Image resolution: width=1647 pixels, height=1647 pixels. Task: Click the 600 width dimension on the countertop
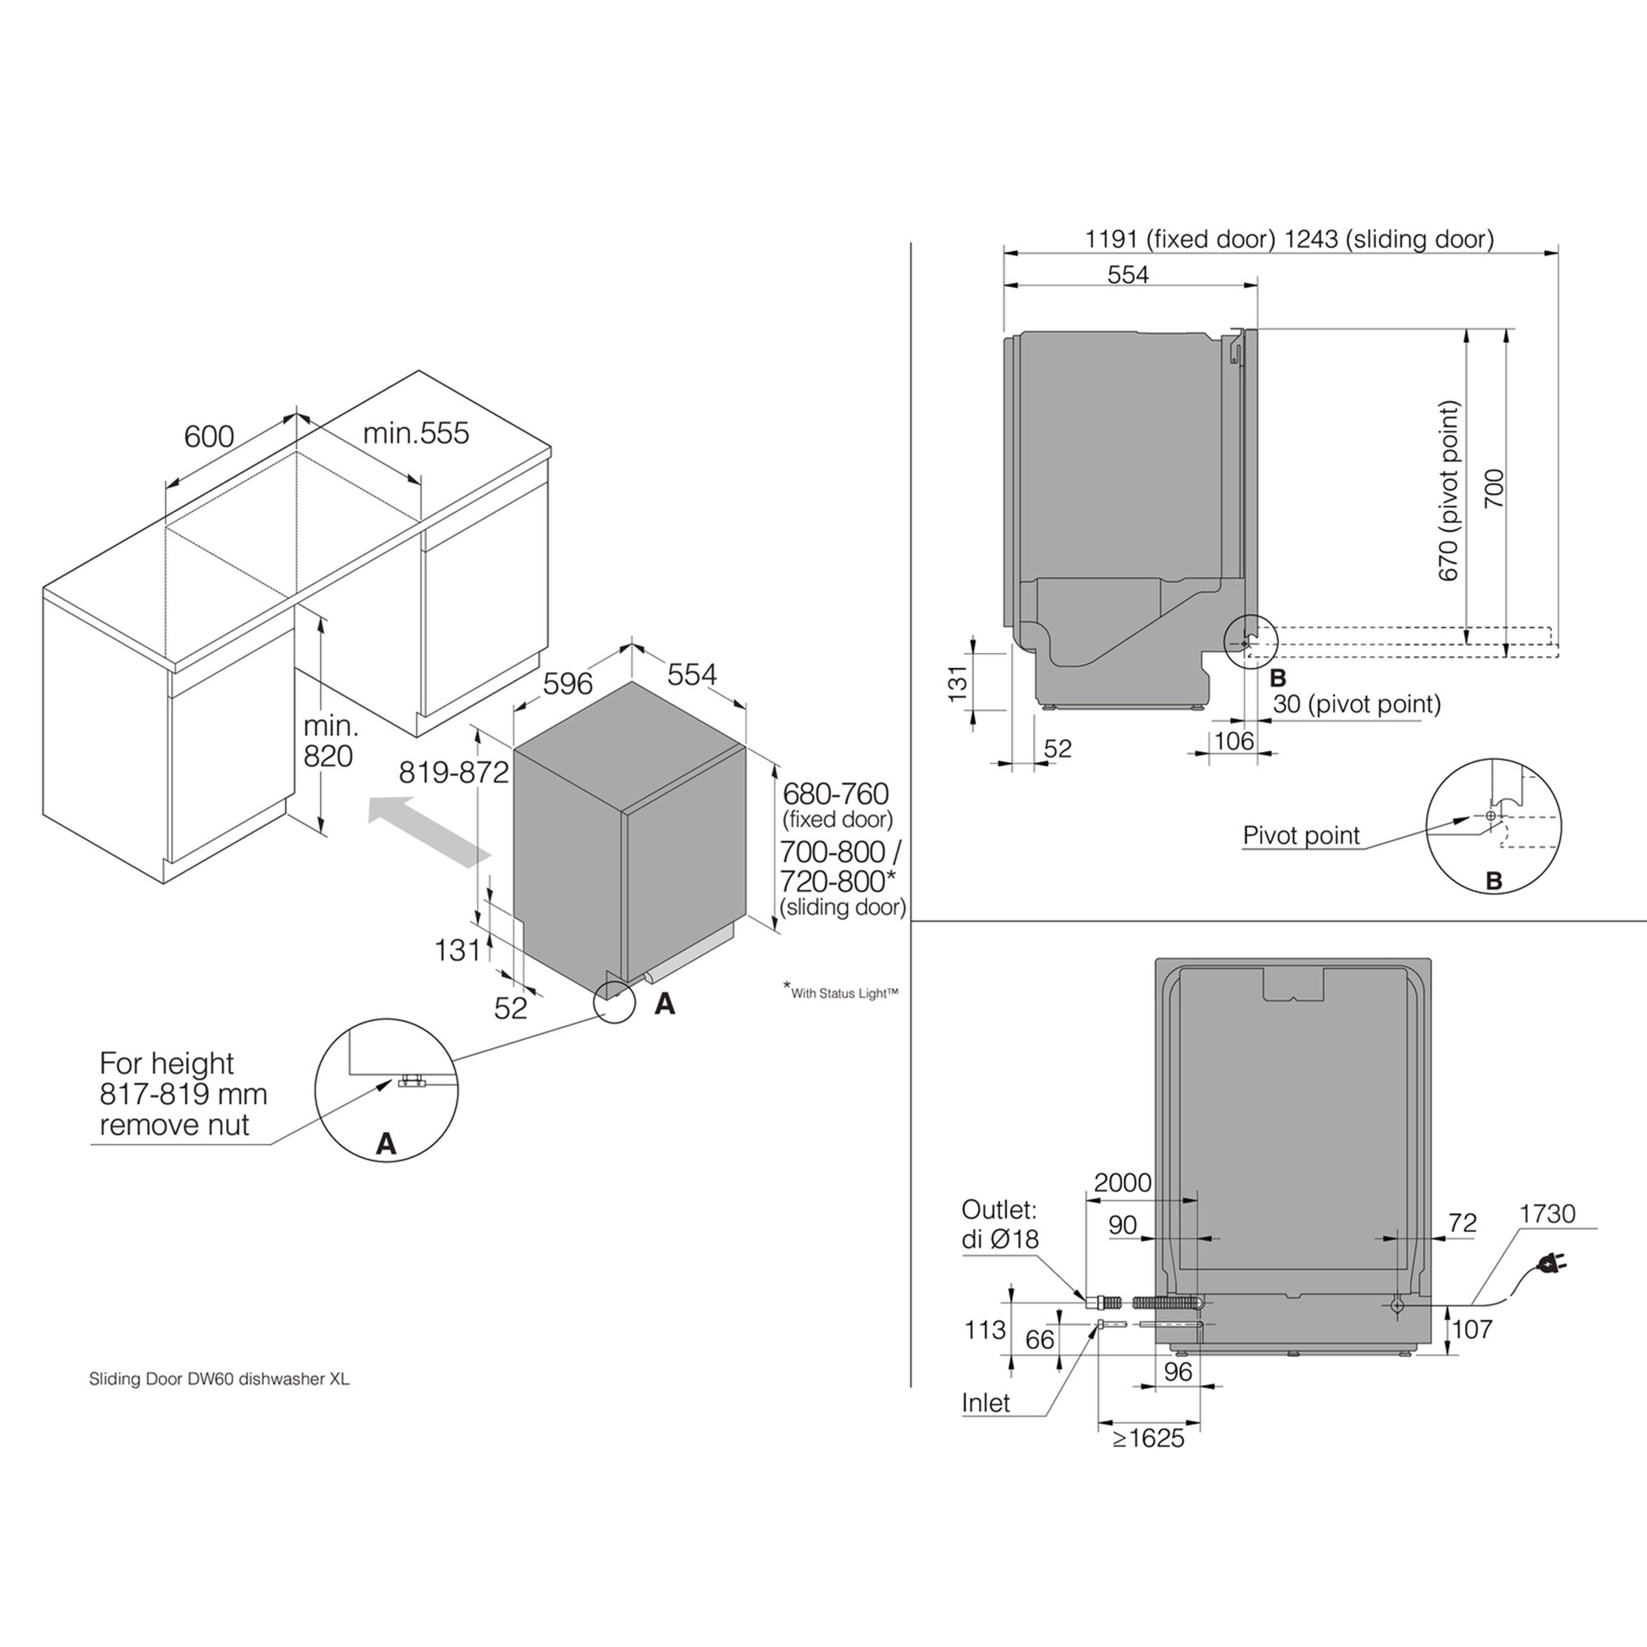pos(209,437)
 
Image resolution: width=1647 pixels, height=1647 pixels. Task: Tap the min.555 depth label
pos(416,433)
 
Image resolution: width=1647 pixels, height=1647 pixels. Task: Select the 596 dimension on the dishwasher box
pos(568,683)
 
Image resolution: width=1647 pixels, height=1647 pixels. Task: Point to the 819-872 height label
pos(453,772)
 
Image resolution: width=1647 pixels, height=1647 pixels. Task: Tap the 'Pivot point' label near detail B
pos(1301,836)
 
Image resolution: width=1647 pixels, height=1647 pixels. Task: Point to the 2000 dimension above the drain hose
pos(1122,1182)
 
